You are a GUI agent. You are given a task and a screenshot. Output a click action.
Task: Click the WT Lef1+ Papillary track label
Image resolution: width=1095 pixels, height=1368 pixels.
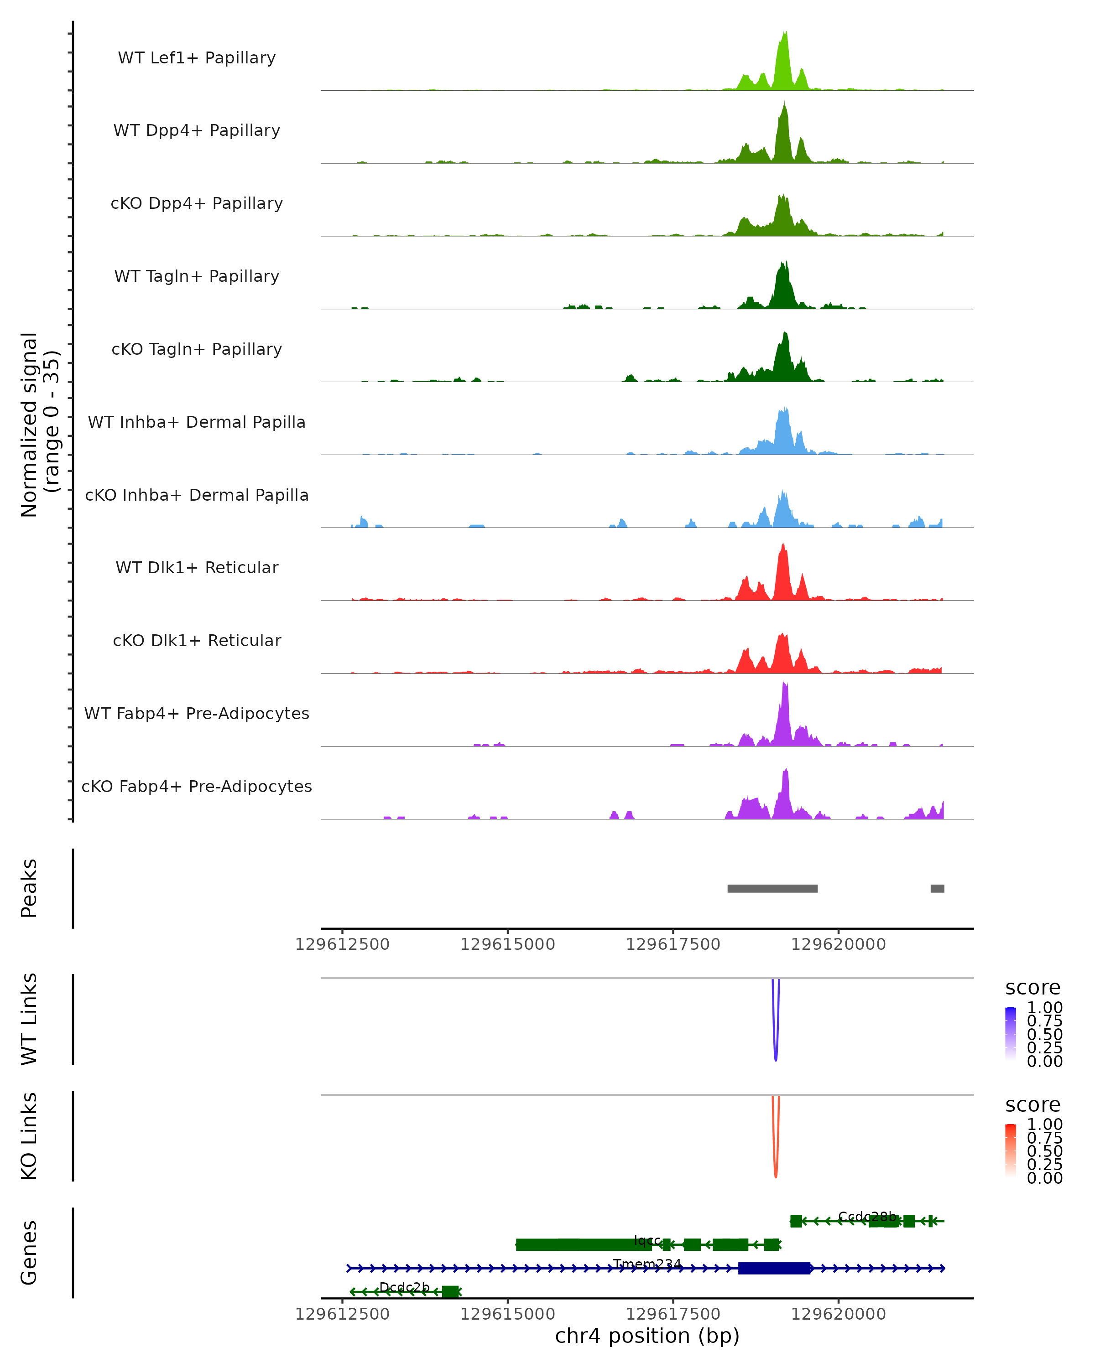pos(197,58)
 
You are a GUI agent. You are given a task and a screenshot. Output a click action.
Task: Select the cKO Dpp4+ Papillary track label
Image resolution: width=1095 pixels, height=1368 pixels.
pos(197,203)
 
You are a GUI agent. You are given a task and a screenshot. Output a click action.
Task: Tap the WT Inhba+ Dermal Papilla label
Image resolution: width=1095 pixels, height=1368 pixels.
pos(197,422)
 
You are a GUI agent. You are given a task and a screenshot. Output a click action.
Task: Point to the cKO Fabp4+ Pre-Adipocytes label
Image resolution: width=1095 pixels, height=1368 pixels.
pos(197,786)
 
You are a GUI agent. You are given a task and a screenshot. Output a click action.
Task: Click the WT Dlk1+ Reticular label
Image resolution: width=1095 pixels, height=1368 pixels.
pos(197,567)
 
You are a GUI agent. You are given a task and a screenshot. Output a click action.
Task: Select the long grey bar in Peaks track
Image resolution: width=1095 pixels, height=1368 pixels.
pos(772,888)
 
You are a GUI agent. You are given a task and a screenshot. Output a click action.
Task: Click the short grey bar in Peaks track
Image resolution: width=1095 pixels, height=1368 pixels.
pos(937,888)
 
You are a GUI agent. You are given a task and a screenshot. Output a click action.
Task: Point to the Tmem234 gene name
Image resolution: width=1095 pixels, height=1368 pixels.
pos(647,1264)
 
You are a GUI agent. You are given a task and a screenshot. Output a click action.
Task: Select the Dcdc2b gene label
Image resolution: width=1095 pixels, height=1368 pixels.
pos(404,1287)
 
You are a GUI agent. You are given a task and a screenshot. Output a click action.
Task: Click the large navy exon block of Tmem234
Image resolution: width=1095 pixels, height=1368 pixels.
pos(774,1269)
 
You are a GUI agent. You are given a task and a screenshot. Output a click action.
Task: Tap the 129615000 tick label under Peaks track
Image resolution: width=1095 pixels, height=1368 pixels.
pos(507,944)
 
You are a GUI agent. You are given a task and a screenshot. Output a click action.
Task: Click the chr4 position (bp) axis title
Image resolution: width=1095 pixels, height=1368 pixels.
pos(647,1336)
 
